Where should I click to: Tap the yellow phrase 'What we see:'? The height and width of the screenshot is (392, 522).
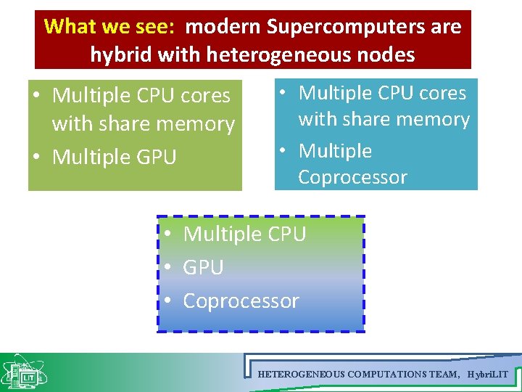pos(109,27)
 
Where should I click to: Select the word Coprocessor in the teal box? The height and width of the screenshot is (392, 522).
pos(352,177)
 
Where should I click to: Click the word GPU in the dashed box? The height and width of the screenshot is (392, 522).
pos(203,267)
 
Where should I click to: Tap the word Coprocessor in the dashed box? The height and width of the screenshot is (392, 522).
pos(241,301)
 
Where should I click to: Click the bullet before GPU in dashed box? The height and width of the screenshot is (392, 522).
pos(167,267)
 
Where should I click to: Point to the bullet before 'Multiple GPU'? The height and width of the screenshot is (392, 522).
pos(36,157)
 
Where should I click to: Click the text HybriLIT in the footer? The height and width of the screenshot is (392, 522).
pos(489,375)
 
